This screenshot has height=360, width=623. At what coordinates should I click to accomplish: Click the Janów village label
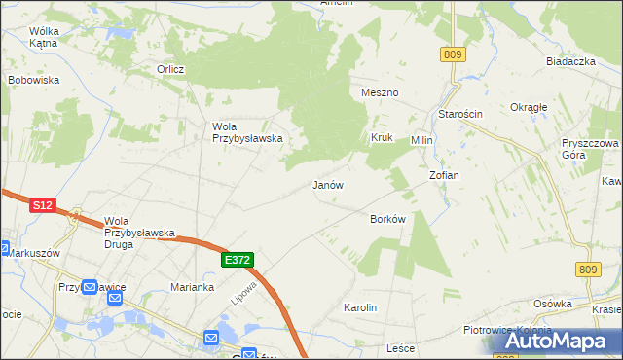tap(328, 184)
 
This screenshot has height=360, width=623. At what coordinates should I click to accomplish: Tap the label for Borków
tap(387, 219)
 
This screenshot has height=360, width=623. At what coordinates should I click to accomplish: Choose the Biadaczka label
tap(570, 61)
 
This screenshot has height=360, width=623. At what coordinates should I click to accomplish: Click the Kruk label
tap(381, 137)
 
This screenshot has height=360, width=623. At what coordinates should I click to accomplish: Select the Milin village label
tap(421, 140)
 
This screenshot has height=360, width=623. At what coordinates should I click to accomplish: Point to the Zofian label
tap(444, 175)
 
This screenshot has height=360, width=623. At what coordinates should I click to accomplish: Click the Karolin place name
tap(360, 307)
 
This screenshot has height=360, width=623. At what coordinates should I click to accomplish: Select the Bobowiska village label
tap(34, 80)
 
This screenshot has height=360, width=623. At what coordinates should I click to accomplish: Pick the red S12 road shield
tap(42, 205)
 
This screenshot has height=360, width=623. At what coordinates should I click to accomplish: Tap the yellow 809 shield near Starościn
tap(452, 55)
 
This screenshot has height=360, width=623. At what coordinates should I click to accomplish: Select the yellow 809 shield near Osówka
tap(586, 270)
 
